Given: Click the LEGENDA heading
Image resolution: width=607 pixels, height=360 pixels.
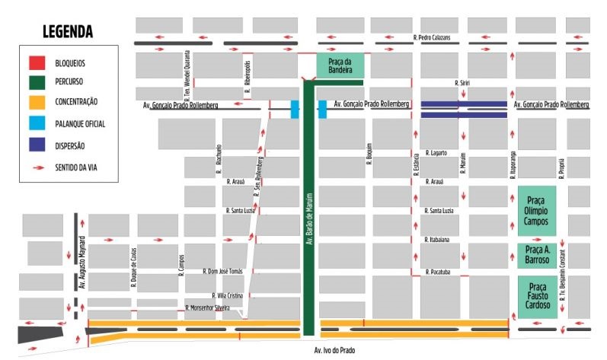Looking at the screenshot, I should tap(68, 32).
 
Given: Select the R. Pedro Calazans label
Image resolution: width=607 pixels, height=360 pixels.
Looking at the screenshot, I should tap(432, 37).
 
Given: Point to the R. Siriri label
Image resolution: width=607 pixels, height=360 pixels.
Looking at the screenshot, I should tap(461, 82).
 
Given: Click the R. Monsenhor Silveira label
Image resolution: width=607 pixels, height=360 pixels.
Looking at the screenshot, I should tap(208, 307).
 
